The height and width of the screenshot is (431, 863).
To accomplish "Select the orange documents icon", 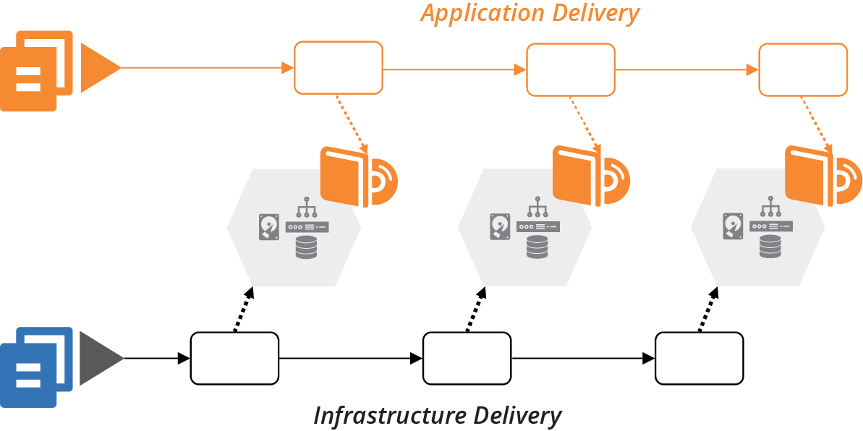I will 36,70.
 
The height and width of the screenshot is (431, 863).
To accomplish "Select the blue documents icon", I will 36,367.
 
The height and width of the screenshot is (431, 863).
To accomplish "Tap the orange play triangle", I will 98,68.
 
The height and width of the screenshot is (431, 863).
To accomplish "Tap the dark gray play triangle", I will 100,359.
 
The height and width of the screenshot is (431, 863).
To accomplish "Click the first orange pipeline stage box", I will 338,67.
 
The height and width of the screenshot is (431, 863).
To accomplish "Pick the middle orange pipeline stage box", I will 570,69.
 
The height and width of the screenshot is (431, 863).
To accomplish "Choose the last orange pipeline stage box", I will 802,69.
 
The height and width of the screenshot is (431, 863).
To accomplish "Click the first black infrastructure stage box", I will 234,359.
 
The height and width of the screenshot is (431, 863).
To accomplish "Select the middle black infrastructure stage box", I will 467,359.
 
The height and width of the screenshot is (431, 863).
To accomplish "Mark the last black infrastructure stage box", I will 699,359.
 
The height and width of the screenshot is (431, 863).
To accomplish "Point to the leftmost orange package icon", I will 358,176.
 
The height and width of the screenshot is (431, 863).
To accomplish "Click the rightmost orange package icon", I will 822,176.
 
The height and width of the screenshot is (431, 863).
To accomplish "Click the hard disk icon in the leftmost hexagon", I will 268,226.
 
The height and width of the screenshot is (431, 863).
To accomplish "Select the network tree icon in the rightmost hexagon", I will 770,208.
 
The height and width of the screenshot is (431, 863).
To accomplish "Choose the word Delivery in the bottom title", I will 519,416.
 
